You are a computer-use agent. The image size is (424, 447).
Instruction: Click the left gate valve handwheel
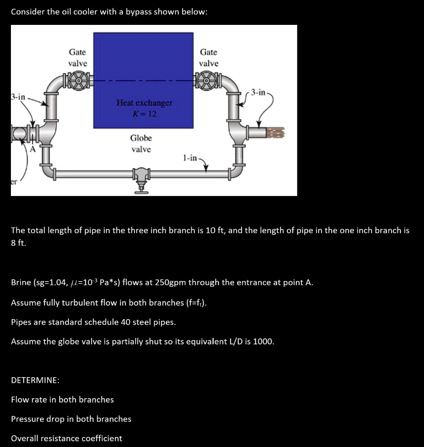(78, 81)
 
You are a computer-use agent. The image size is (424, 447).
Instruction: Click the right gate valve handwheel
(209, 81)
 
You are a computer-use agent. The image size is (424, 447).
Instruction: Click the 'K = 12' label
(144, 113)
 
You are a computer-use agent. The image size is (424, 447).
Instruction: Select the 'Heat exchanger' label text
(144, 103)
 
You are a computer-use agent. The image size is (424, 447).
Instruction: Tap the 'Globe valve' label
(141, 144)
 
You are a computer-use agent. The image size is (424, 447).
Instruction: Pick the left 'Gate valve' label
(78, 58)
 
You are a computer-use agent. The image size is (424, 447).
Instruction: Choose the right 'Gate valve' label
(209, 58)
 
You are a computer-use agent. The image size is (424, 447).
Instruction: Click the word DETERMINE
(35, 380)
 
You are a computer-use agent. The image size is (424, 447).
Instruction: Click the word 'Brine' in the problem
(21, 282)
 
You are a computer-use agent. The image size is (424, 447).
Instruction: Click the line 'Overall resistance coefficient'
(66, 438)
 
